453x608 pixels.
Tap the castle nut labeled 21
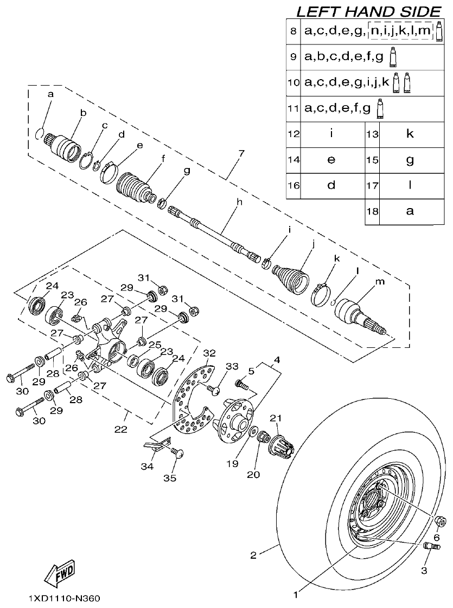point(282,444)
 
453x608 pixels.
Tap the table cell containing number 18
point(372,211)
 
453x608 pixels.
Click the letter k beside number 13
point(410,133)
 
